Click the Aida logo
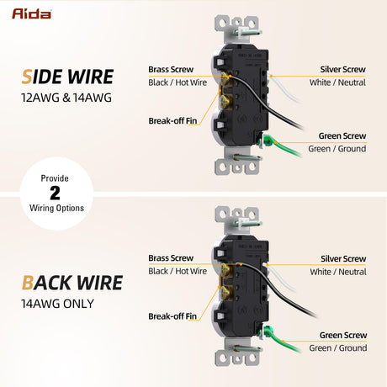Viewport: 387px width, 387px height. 31,13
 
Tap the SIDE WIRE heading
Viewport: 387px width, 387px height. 67,77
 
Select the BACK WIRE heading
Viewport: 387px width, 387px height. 72,283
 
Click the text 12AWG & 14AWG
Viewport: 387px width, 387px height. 66,98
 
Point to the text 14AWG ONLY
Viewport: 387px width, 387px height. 57,304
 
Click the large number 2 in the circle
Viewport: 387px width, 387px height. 55,193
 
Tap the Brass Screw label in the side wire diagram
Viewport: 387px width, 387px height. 171,69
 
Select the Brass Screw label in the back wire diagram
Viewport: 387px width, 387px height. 171,258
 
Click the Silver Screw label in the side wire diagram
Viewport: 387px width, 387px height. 342,69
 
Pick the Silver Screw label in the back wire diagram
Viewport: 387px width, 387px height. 343,258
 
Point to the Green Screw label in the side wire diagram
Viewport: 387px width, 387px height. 342,135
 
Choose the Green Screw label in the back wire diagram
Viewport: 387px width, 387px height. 343,335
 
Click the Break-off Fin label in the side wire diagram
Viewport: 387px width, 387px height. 172,121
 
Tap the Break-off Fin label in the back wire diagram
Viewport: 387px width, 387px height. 172,316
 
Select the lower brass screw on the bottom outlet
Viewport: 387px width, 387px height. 225,292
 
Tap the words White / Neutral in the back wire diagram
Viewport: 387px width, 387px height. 338,272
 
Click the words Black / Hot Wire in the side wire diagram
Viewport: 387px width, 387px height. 178,82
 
